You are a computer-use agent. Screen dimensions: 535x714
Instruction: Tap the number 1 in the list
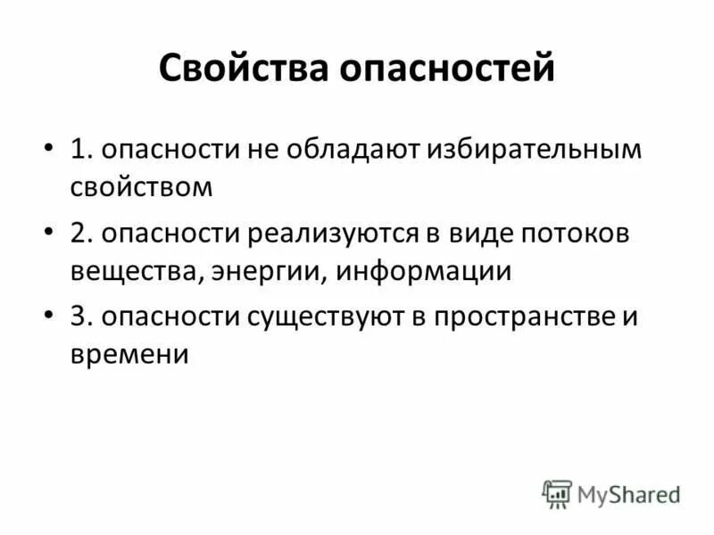79,150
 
